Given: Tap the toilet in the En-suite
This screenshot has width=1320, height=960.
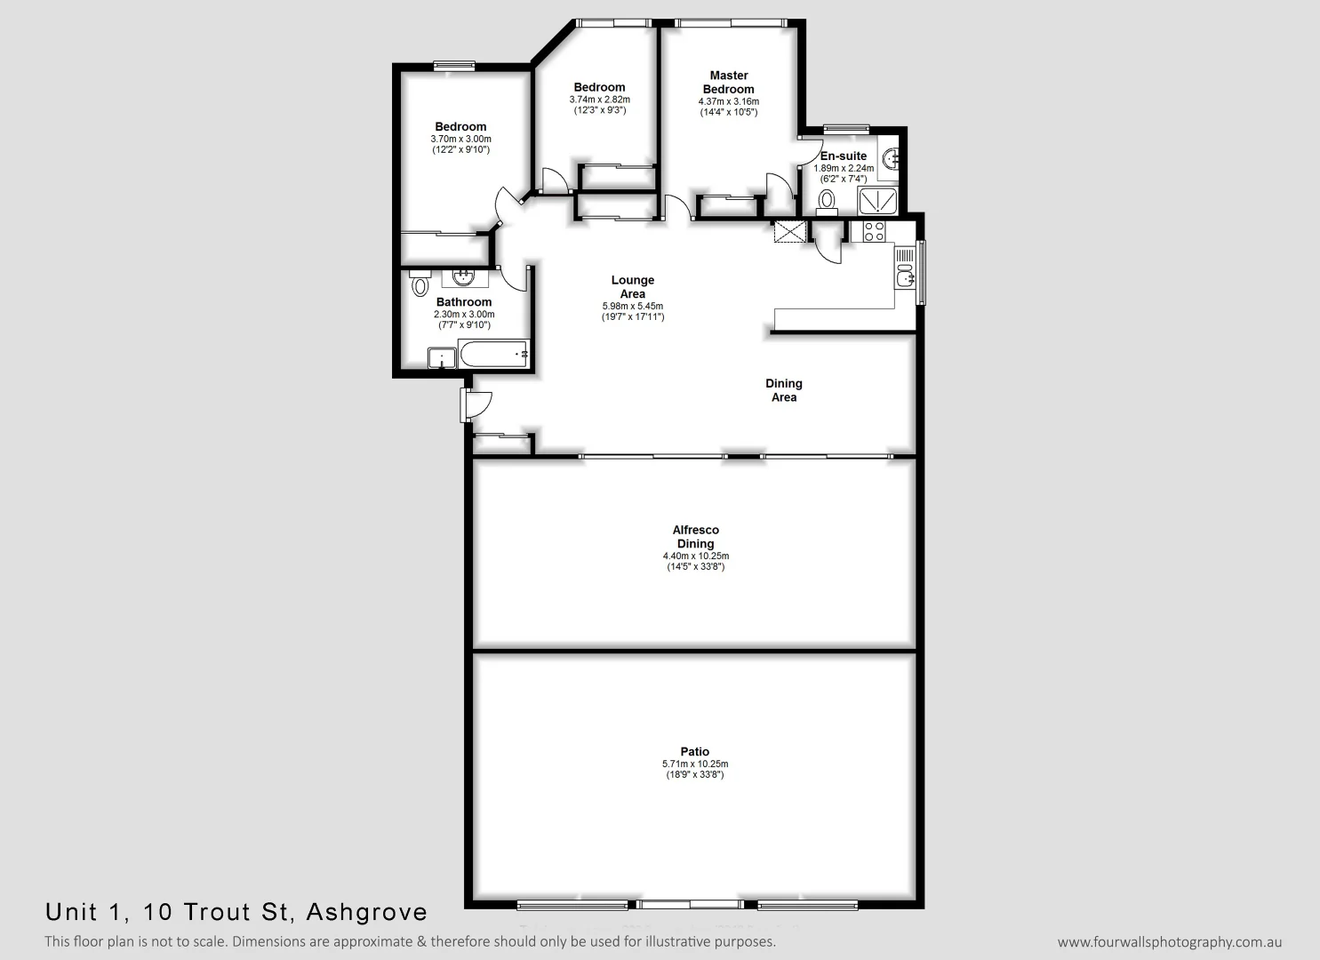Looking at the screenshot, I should (x=828, y=198).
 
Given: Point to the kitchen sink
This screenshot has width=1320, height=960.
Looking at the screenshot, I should (x=905, y=277).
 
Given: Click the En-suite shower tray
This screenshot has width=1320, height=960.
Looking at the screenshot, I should (x=877, y=201).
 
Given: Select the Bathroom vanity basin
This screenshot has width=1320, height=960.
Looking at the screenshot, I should (x=463, y=276).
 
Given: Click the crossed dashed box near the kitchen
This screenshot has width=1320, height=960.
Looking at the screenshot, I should (x=788, y=232).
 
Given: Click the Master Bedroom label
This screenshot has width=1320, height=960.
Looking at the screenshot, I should (x=729, y=82).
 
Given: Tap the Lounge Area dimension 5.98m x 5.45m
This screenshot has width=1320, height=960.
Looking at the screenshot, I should (x=632, y=307).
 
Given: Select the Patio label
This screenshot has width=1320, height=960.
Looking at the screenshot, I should (x=695, y=751).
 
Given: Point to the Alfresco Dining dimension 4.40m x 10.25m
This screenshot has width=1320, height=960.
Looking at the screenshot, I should (x=695, y=556).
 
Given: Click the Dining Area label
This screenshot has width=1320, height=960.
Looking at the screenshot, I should (x=784, y=390).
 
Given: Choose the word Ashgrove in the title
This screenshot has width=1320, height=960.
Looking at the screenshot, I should (x=366, y=912).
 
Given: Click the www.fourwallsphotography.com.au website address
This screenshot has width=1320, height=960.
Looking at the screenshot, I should (x=1170, y=942).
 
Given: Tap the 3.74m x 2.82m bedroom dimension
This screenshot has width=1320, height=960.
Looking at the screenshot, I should (x=599, y=100).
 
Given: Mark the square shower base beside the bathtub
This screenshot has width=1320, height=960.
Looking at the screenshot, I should (x=442, y=357).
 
